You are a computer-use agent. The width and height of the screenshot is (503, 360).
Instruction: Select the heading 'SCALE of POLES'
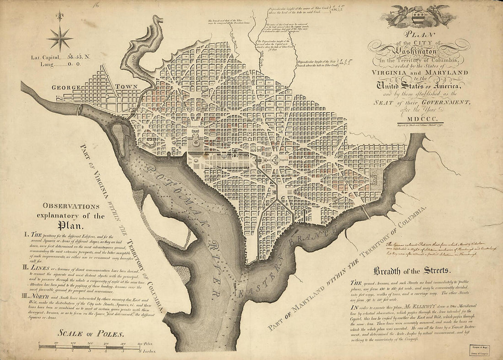coord(80,333)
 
